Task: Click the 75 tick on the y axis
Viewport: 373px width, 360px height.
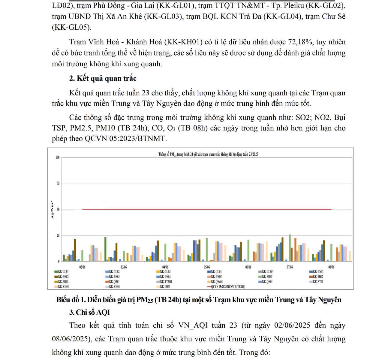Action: [58, 183]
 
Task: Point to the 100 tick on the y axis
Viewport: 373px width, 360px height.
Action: [57, 157]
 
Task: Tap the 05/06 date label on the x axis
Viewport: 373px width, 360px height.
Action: [207, 267]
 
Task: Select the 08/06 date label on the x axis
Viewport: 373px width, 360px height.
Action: [331, 267]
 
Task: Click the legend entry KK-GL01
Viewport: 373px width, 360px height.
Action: [63, 272]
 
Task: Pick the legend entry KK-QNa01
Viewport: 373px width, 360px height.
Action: [217, 282]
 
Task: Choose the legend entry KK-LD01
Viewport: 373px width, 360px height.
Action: [165, 287]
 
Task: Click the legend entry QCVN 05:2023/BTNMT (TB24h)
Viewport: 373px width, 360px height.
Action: [228, 287]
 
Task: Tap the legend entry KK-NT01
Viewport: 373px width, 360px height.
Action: [318, 282]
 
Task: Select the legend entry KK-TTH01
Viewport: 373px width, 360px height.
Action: [166, 282]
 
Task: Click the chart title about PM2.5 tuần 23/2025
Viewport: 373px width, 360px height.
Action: [208, 154]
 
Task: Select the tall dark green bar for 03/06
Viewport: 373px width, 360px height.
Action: [105, 249]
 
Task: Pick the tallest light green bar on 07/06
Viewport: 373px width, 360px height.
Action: [290, 248]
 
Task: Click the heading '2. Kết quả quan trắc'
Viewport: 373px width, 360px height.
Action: [103, 78]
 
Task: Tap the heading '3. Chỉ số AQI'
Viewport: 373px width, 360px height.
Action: [89, 312]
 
